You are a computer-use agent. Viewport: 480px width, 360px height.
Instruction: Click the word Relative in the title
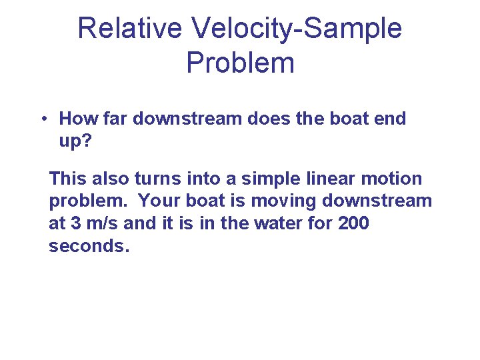[129, 29]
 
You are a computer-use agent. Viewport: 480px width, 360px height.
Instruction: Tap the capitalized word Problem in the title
[240, 63]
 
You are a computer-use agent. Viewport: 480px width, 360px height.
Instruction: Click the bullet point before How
[42, 119]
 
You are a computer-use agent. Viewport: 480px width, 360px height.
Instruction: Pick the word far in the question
[115, 119]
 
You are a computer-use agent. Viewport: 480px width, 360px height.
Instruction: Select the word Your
[159, 201]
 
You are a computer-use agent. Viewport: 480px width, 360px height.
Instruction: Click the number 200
[353, 223]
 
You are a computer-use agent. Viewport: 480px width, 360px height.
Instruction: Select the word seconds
[87, 246]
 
